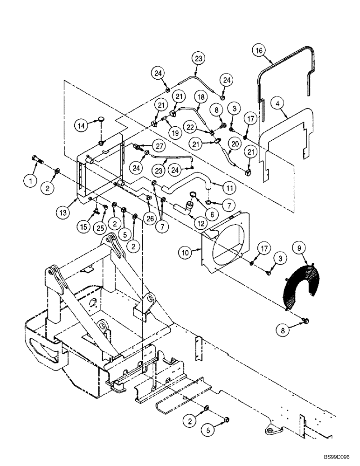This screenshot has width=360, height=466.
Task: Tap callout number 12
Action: pyautogui.click(x=201, y=223)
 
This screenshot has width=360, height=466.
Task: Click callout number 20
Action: pyautogui.click(x=235, y=144)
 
